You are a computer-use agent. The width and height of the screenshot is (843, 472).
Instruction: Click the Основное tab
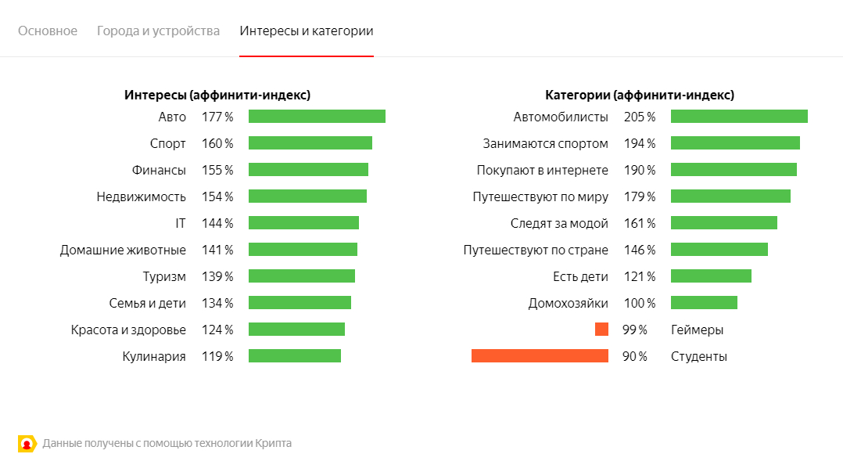48,31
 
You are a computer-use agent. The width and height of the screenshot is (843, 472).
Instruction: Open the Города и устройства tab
158,31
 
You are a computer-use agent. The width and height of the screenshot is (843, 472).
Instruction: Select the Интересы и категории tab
307,31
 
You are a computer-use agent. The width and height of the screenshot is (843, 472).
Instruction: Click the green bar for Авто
317,117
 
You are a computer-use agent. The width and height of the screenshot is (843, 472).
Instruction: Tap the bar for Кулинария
295,356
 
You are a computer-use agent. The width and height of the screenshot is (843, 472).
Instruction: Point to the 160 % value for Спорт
217,143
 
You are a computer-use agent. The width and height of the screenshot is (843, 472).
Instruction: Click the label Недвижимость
142,196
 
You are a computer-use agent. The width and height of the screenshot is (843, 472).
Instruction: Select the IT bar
303,223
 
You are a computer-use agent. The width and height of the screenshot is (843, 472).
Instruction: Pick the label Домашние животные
123,250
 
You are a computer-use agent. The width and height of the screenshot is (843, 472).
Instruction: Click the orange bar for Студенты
540,356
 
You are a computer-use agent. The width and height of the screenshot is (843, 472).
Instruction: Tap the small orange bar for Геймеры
601,330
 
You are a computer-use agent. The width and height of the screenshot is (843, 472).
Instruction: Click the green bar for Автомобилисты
739,117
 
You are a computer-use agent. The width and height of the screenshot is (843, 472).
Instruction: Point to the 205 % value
640,117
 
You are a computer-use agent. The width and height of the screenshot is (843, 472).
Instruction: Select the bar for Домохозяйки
704,303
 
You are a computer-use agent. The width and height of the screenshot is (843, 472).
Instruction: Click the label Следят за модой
559,223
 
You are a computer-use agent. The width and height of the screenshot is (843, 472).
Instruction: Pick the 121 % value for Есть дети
640,276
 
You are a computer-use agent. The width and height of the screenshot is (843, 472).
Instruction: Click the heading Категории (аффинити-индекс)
640,95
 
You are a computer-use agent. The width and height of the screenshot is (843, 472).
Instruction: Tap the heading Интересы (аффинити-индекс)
217,95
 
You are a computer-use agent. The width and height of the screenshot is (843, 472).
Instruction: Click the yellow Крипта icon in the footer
27,444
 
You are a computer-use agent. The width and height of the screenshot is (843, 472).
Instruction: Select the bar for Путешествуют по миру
730,196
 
